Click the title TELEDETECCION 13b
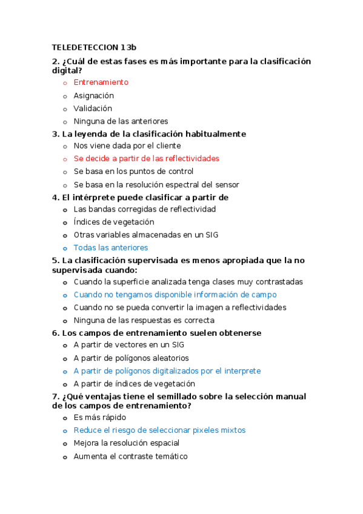click(95, 47)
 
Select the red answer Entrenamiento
click(101, 82)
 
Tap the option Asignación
click(93, 96)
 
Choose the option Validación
click(93, 108)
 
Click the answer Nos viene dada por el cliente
click(127, 145)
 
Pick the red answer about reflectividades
click(146, 158)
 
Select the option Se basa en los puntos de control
click(133, 172)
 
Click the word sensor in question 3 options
click(227, 185)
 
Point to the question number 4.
click(55, 198)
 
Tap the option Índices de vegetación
click(113, 222)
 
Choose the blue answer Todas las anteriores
click(110, 248)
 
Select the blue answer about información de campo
click(175, 295)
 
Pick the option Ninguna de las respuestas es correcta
click(144, 321)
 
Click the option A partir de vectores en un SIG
click(128, 345)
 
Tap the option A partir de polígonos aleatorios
click(131, 358)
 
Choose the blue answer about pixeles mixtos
click(159, 430)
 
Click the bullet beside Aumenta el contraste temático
click(65, 456)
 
